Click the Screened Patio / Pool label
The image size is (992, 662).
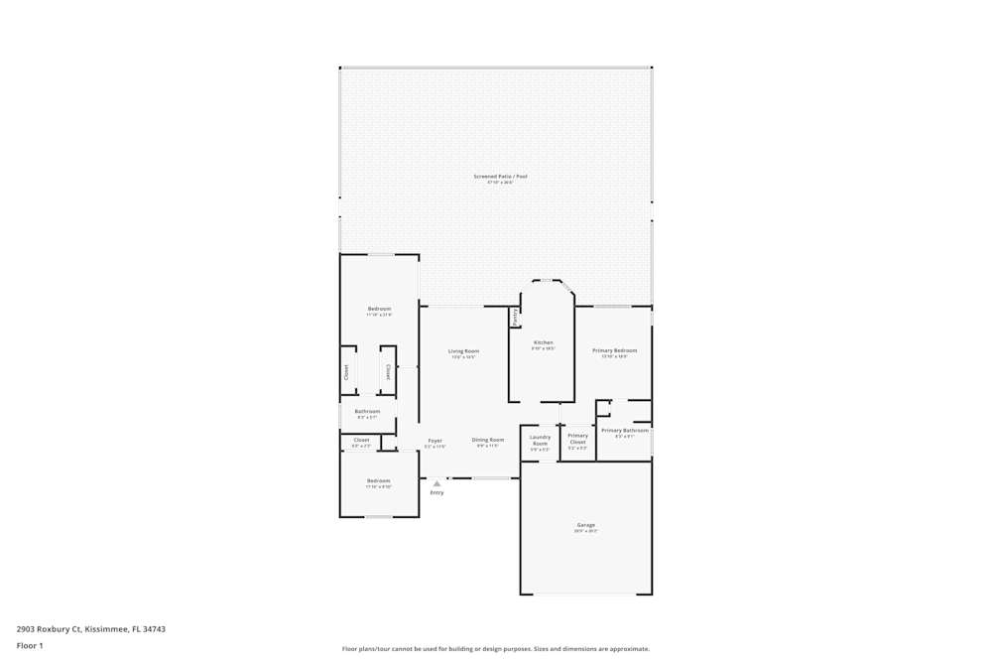[500, 177]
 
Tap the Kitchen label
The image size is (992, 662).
[543, 342]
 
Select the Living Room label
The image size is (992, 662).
[463, 351]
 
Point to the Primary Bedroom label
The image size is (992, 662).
[614, 350]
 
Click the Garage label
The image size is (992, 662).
[585, 525]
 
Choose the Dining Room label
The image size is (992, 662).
[487, 440]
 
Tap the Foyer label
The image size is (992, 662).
[434, 441]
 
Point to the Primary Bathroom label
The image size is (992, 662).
[624, 430]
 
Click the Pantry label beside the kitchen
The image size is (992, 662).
[515, 317]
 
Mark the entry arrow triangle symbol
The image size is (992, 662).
[436, 483]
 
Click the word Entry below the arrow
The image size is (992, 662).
[436, 492]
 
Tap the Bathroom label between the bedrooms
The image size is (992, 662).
[367, 411]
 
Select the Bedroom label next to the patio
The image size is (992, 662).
[379, 309]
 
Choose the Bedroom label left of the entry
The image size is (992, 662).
[378, 481]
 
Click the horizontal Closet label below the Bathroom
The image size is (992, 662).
[361, 440]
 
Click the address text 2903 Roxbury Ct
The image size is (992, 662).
[90, 628]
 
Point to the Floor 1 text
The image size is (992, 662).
[30, 645]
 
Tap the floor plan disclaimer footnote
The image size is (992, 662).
[495, 649]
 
